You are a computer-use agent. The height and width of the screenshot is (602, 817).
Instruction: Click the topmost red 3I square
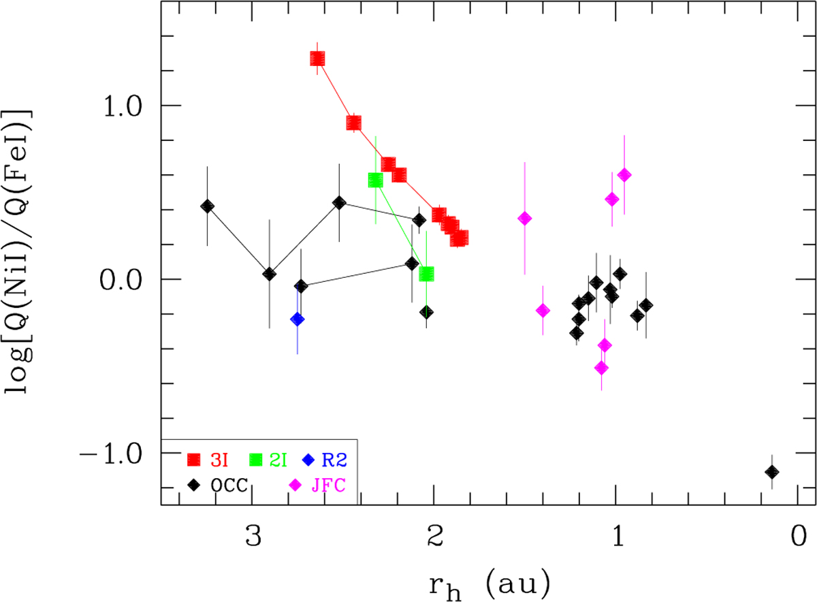[317, 59]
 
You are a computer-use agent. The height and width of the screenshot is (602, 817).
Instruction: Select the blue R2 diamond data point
[297, 319]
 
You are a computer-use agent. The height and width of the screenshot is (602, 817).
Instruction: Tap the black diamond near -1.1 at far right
[771, 472]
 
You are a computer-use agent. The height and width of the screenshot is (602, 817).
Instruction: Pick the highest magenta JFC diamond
[624, 175]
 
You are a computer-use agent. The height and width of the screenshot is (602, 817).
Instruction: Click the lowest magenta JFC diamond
[601, 368]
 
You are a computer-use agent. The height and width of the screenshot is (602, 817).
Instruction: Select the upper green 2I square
[375, 180]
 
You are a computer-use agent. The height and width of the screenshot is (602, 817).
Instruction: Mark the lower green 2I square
[427, 274]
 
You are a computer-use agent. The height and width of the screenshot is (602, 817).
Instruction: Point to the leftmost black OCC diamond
[208, 206]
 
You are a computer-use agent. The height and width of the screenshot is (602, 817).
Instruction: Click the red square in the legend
[195, 460]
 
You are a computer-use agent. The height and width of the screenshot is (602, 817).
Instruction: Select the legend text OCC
[228, 486]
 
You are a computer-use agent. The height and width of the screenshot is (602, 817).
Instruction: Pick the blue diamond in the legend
[308, 460]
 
